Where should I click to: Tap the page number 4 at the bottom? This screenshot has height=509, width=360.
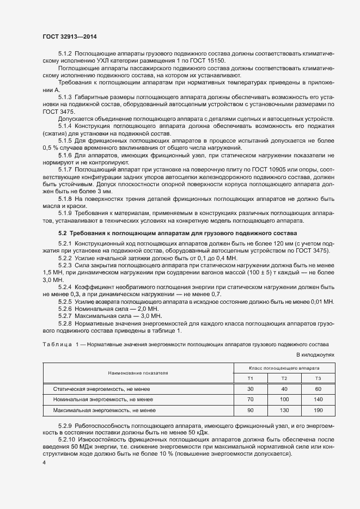44,462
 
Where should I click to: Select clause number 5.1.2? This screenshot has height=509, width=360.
65,54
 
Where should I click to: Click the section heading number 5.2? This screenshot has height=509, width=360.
62,233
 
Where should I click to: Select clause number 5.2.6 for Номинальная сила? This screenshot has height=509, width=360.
65,308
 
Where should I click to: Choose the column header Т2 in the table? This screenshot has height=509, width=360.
284,378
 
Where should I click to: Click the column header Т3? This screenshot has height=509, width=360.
318,378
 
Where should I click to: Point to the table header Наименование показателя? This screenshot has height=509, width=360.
138,373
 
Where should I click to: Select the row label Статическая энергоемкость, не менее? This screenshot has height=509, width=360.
101,389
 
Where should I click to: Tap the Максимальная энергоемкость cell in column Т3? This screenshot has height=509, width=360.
318,409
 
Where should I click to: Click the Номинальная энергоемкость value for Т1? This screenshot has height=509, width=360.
251,400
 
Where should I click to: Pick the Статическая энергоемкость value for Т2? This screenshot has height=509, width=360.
284,389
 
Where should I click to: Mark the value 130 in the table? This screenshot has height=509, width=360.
284,409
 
